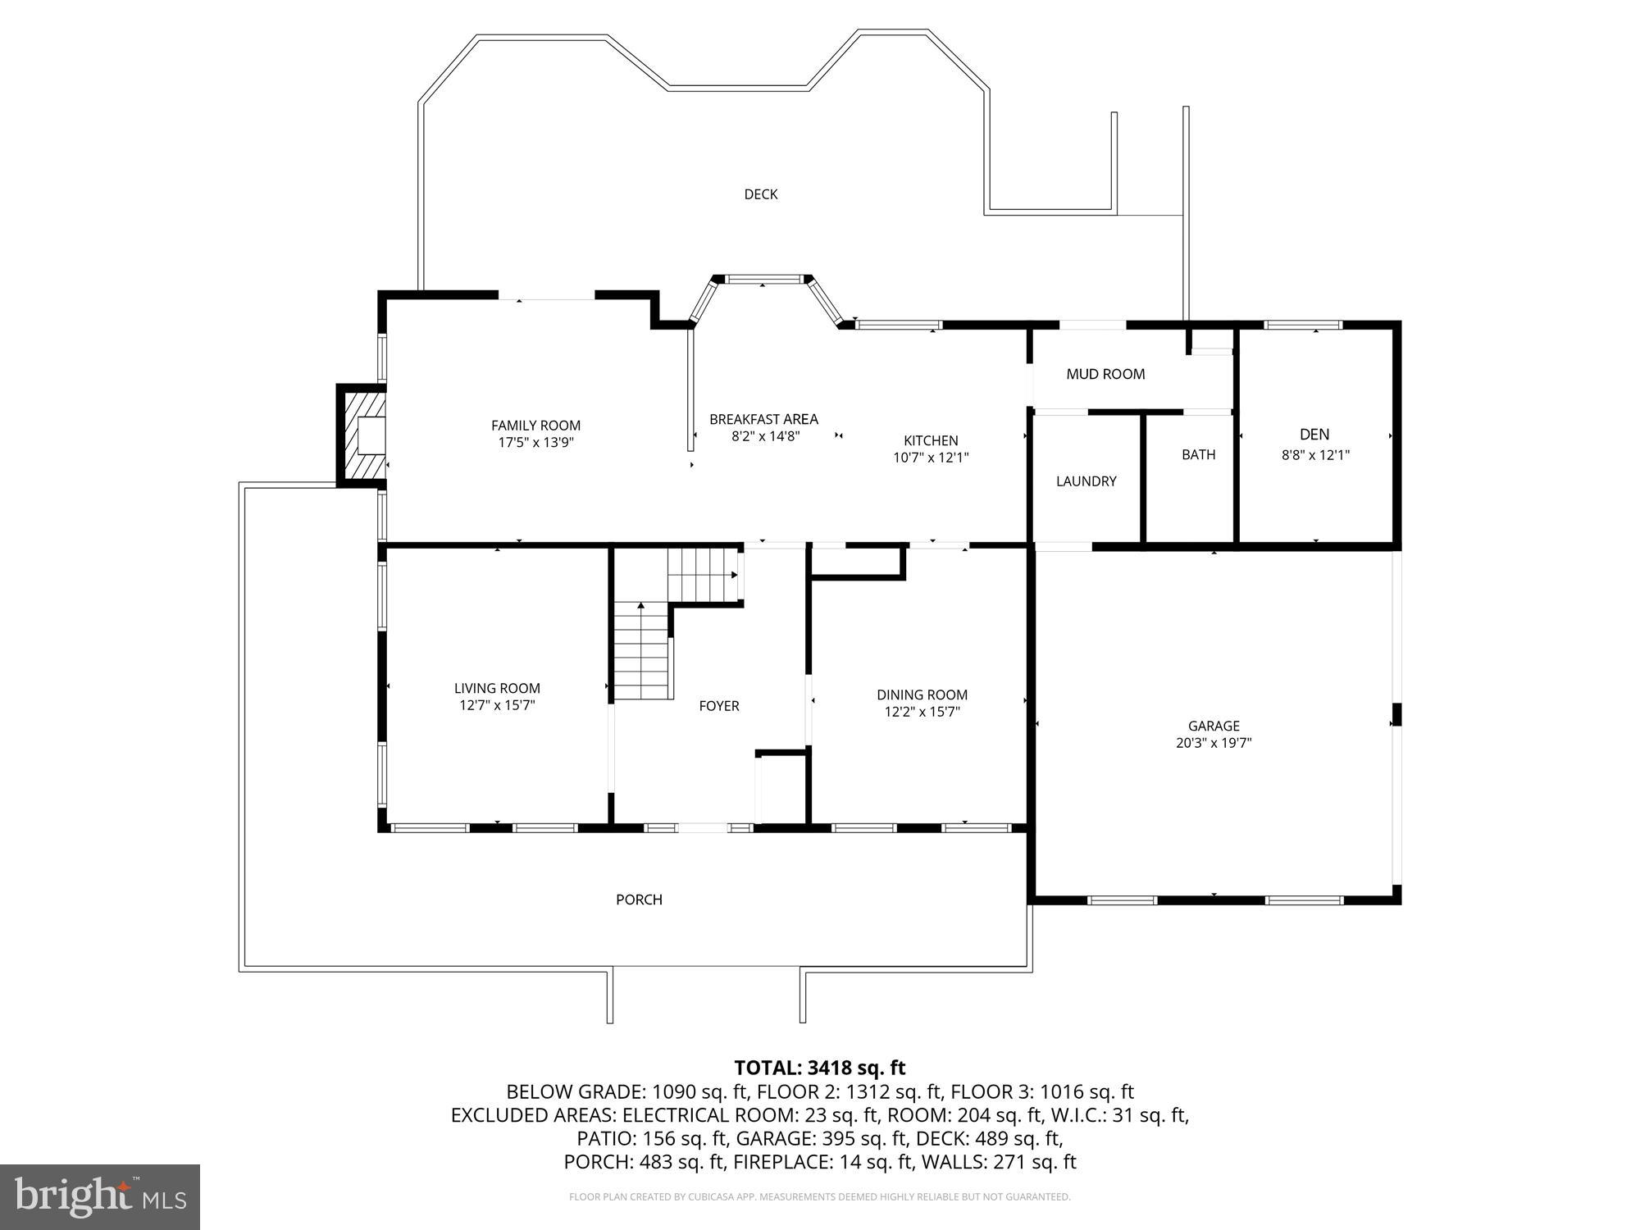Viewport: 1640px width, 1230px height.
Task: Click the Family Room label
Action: click(x=535, y=425)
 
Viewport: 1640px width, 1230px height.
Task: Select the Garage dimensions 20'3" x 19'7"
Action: click(x=1214, y=744)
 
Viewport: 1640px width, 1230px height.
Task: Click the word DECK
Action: click(x=760, y=194)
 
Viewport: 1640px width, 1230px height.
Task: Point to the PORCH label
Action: click(x=639, y=900)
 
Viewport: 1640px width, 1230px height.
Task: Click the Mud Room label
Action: click(x=1105, y=374)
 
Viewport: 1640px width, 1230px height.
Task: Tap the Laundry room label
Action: click(x=1086, y=481)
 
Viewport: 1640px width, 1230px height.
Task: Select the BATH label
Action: click(x=1198, y=454)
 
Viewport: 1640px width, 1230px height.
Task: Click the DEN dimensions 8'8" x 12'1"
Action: click(x=1315, y=454)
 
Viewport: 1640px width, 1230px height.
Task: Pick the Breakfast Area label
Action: click(x=763, y=419)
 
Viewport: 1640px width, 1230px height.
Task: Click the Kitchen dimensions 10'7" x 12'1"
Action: click(x=931, y=458)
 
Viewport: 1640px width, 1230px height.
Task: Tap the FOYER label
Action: click(x=719, y=706)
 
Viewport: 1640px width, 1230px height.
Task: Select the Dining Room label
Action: click(x=922, y=695)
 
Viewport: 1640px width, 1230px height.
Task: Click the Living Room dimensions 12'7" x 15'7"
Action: click(x=497, y=705)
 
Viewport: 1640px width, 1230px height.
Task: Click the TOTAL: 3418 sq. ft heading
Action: click(x=819, y=1068)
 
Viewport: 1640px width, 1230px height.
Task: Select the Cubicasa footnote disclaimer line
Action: click(x=819, y=1197)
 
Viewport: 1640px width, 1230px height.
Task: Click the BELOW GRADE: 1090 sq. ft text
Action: click(x=626, y=1092)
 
